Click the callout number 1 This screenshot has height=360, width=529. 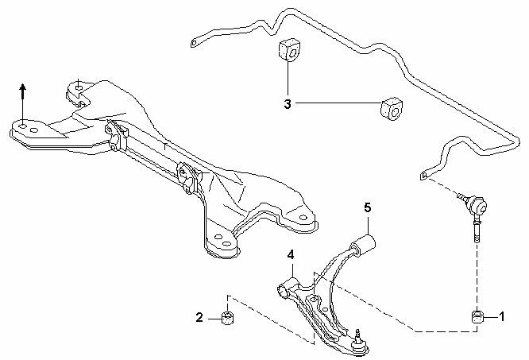pos(502,317)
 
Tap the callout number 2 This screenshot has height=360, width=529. pos(199,318)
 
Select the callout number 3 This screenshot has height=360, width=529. pos(288,104)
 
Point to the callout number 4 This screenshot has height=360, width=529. pos(291,255)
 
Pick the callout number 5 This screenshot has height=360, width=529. pos(368,207)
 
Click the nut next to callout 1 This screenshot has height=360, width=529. pos(477,317)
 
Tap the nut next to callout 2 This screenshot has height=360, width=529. pos(228,318)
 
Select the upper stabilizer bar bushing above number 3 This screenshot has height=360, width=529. pos(289,51)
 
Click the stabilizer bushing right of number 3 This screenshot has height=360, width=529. pos(392,109)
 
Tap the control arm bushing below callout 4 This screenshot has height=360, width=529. pos(286,289)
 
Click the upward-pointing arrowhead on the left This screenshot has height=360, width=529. pos(22,87)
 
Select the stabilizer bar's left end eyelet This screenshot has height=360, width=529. pos(194,44)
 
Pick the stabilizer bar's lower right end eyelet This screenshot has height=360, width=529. pos(424,176)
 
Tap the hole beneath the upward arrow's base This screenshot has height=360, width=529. pos(22,126)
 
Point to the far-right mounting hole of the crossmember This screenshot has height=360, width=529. pos(303,218)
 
